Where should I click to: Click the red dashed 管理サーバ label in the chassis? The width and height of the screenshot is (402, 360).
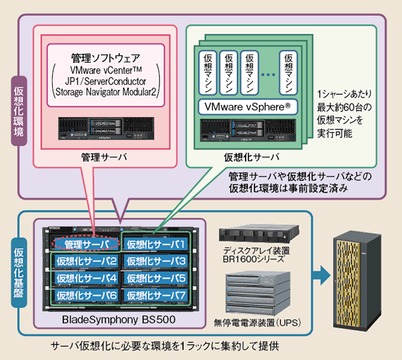point(86,244)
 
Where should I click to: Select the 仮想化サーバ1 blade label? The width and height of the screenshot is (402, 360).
point(156,244)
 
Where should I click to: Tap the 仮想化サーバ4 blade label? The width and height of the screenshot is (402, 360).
point(86,278)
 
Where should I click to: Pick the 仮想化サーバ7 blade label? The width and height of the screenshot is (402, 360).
point(156,295)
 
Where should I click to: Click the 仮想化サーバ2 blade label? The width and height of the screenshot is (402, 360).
point(86,261)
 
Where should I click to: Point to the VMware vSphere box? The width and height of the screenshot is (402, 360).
point(248,107)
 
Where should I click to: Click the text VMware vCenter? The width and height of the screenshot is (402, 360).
point(106,70)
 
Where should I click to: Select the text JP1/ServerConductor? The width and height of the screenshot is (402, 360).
point(106,81)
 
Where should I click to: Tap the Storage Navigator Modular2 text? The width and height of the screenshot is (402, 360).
point(106,92)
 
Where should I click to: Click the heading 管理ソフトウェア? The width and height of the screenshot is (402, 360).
point(106,58)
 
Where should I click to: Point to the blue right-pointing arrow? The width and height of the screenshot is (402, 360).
point(322,275)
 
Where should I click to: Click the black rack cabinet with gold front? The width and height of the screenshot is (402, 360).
point(357,281)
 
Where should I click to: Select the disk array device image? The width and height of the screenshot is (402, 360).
point(259,233)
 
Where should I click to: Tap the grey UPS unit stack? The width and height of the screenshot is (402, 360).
point(258,294)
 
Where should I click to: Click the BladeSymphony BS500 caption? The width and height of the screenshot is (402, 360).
point(118,320)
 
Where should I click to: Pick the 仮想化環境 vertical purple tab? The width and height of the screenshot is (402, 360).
point(19,111)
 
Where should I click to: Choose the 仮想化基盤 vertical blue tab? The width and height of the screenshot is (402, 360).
point(19,273)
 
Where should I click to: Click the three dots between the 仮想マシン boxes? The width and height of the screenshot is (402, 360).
point(268,75)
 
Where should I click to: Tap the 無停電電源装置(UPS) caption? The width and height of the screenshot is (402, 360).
point(258,323)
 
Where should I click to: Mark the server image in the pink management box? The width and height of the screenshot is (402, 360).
point(106,128)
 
